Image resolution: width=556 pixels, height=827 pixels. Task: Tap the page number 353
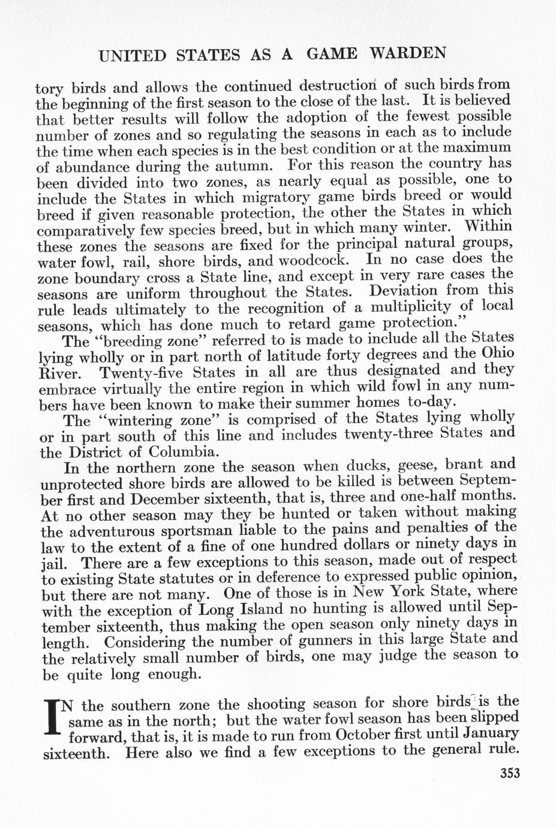(509, 772)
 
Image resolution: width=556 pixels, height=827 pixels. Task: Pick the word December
(191, 499)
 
